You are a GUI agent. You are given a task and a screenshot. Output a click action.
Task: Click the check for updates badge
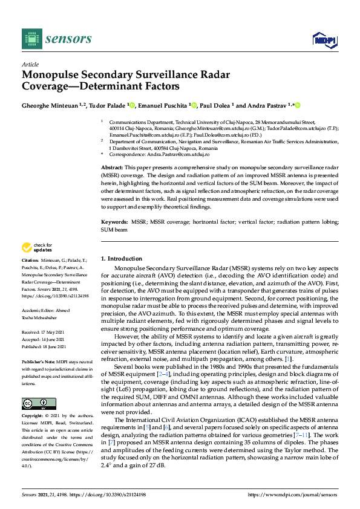point(36,247)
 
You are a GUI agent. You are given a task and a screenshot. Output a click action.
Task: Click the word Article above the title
point(30,64)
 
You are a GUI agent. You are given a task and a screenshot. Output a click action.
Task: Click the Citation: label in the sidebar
point(30,259)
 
